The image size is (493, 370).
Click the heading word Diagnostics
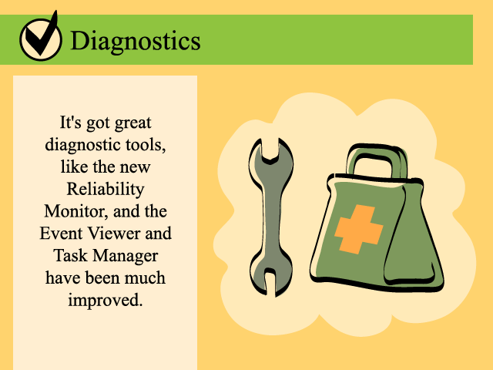pyautogui.click(x=136, y=41)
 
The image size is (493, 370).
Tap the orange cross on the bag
pyautogui.click(x=359, y=230)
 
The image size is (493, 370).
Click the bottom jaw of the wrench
pyautogui.click(x=270, y=277)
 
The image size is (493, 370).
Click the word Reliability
pyautogui.click(x=106, y=190)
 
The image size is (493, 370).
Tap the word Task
pyautogui.click(x=70, y=255)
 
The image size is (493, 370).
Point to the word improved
pyautogui.click(x=106, y=301)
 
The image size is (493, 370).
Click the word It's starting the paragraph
pyautogui.click(x=70, y=123)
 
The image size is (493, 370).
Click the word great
pyautogui.click(x=132, y=123)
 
